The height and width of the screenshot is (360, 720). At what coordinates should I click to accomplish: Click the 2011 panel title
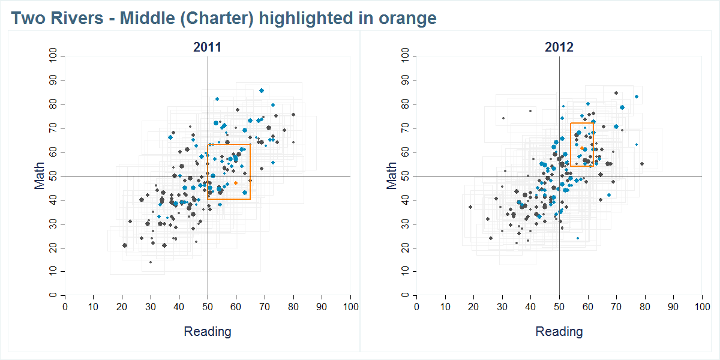click(207, 47)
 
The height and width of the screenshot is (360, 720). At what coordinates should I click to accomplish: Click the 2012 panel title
click(559, 47)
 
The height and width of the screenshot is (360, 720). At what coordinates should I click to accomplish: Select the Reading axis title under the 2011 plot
click(207, 332)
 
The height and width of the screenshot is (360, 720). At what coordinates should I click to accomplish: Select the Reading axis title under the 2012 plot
click(559, 332)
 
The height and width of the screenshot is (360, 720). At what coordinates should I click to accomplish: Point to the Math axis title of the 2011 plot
click(40, 176)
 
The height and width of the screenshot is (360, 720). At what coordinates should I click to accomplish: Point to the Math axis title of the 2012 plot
click(392, 176)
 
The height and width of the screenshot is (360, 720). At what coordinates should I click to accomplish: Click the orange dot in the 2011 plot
click(236, 182)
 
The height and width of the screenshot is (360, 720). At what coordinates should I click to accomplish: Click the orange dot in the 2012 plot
click(582, 148)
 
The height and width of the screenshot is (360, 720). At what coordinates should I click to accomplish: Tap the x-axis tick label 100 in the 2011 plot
click(350, 307)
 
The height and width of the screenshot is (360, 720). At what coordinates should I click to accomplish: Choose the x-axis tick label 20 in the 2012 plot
click(473, 307)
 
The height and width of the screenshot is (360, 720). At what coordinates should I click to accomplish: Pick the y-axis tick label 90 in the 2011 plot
click(53, 80)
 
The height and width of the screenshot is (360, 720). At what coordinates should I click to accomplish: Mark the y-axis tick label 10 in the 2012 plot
click(405, 272)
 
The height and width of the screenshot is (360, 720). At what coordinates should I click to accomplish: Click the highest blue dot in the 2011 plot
click(262, 91)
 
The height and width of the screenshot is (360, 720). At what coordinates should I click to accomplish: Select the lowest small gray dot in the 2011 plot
click(151, 262)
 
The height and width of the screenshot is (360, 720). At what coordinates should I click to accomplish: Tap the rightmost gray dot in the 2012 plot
click(642, 164)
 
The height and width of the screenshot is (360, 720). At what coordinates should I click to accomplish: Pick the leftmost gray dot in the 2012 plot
click(470, 207)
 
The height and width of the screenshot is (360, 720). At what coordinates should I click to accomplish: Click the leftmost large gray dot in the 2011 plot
click(125, 245)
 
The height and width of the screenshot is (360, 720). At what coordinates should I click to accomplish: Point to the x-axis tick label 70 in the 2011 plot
click(265, 307)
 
